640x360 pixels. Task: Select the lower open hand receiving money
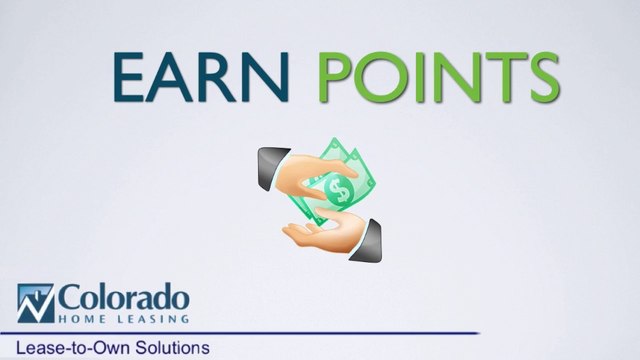(315, 228)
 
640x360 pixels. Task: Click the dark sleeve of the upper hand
(268, 160)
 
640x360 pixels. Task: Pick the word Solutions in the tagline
(171, 348)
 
